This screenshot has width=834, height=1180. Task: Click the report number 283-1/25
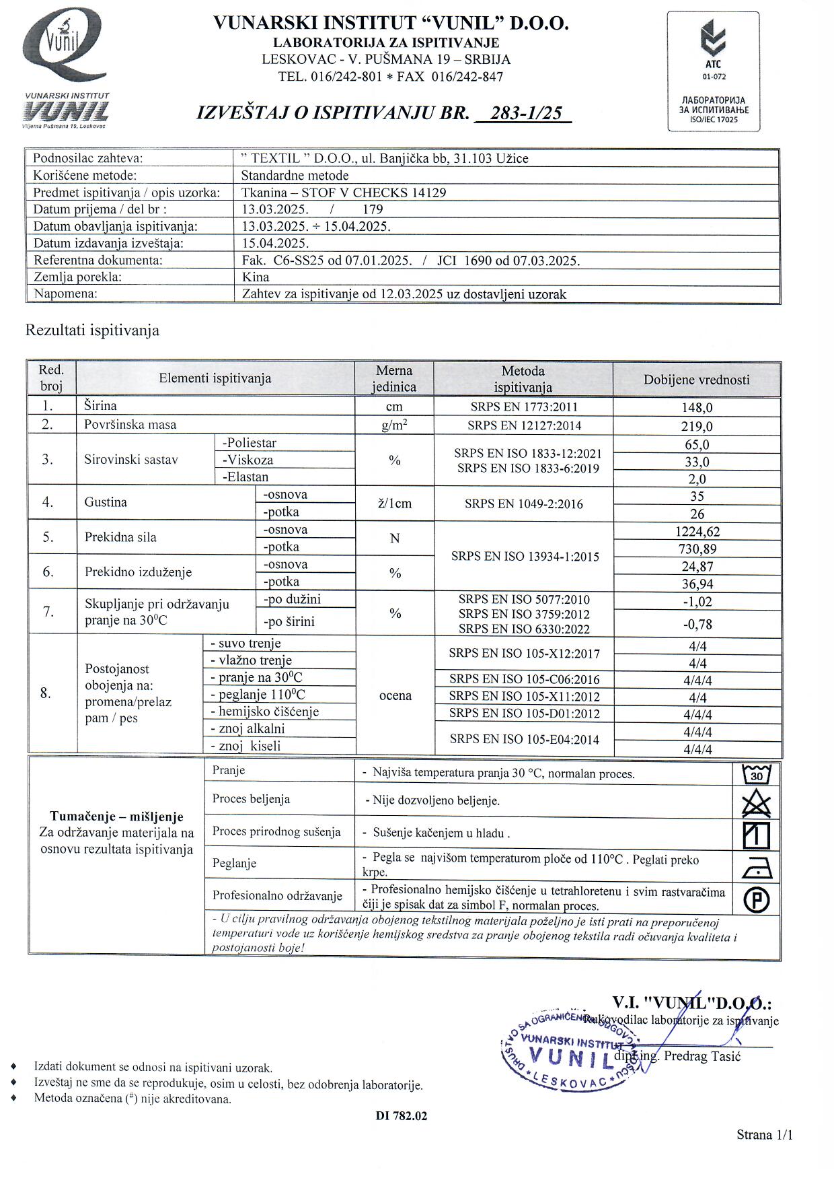[527, 113]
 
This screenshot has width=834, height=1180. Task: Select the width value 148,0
[697, 407]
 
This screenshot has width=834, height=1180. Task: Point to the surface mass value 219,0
[697, 426]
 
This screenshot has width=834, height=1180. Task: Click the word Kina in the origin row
[256, 277]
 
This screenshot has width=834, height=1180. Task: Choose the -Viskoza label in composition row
[248, 460]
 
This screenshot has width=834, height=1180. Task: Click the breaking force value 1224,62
[697, 532]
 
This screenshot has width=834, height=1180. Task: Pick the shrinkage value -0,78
[697, 625]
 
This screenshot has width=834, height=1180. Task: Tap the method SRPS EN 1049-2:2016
[523, 504]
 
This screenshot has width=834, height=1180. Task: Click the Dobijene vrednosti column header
[696, 380]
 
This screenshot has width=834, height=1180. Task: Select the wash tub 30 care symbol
[756, 774]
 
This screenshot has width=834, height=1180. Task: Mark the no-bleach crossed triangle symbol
[756, 804]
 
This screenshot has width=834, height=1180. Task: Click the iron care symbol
[756, 869]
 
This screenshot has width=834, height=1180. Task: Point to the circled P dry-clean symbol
[757, 899]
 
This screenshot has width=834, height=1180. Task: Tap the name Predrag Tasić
[702, 1056]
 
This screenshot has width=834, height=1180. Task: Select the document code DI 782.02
[402, 1115]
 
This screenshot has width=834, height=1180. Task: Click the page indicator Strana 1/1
[764, 1135]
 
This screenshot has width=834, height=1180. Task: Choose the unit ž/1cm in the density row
[395, 504]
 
